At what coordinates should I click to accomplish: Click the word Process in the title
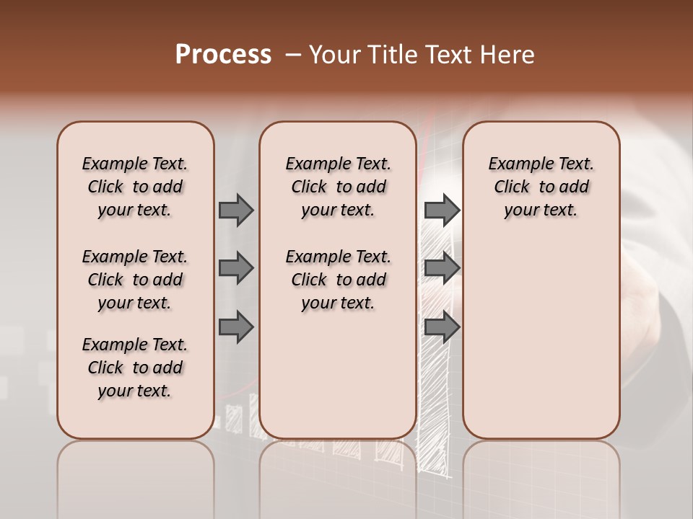coord(223,55)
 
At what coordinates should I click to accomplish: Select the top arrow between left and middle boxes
coord(235,210)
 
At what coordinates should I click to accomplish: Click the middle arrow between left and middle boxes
coord(235,268)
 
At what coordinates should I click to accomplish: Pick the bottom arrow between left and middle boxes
coord(235,327)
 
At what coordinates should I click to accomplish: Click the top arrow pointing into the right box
coord(442,210)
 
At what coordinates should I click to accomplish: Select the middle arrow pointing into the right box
coord(442,268)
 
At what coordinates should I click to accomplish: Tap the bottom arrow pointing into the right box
coord(442,327)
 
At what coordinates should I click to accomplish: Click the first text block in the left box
coord(135,187)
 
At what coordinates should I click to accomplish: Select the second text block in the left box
coord(135,280)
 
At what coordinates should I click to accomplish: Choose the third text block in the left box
coord(135,368)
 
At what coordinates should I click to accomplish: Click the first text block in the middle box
coord(339,187)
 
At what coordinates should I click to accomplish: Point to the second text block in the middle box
coord(339,280)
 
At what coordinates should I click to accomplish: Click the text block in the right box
coord(541,187)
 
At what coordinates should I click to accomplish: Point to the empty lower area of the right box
coord(541,339)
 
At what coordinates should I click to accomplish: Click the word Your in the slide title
coord(336,55)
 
